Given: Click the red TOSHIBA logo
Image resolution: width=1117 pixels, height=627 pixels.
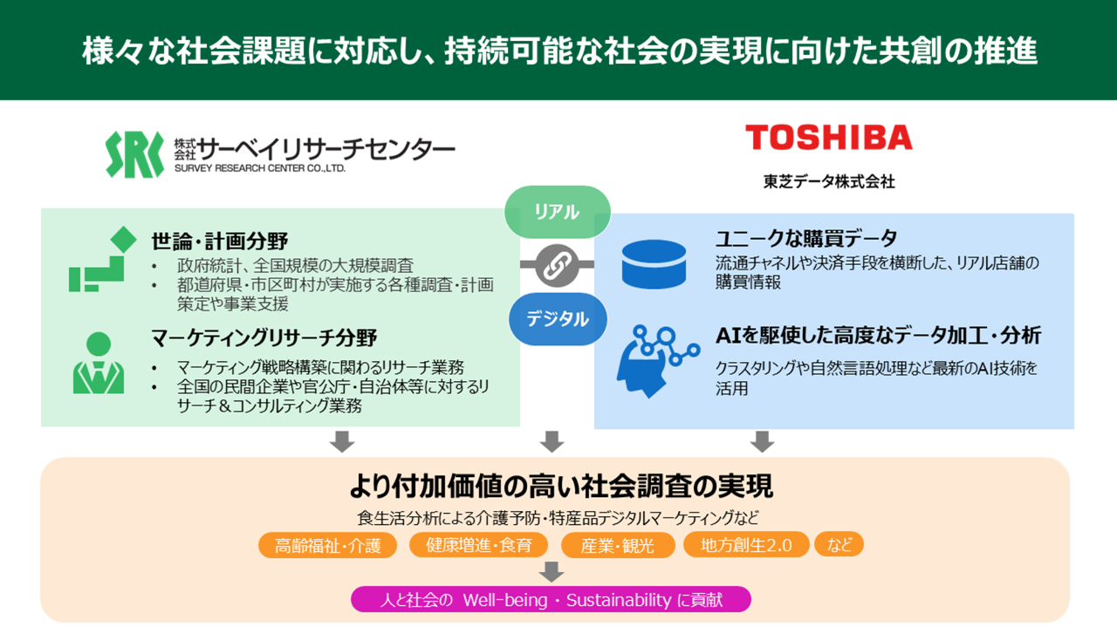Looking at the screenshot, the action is click(829, 137).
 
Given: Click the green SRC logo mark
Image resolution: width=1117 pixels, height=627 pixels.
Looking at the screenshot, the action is click(134, 154).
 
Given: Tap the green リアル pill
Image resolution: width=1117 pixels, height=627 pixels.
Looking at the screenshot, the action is click(558, 212).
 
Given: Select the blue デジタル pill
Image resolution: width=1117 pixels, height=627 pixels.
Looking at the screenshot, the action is click(558, 319).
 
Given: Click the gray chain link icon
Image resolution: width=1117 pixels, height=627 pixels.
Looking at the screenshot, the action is click(557, 265).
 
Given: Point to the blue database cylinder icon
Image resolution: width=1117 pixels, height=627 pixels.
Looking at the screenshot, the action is click(654, 264).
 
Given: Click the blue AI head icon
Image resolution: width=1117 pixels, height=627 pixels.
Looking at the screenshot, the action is click(657, 361).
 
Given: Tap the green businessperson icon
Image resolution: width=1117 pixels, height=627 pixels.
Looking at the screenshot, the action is click(99, 363).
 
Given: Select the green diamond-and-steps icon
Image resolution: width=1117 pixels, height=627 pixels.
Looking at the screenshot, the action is click(103, 259).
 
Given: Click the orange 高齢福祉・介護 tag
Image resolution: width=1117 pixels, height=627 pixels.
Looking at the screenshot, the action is click(327, 545).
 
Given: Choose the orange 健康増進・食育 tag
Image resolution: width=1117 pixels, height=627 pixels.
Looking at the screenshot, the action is click(479, 545).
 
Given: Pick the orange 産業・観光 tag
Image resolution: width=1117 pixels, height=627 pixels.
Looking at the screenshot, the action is click(618, 545).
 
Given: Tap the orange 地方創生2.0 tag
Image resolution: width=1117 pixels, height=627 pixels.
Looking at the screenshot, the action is click(746, 545).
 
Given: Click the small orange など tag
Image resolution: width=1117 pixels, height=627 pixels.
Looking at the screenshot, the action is click(839, 544).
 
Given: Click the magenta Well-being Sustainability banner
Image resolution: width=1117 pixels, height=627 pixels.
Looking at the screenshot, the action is click(551, 600).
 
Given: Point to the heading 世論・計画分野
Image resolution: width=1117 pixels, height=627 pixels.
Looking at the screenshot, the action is click(219, 242).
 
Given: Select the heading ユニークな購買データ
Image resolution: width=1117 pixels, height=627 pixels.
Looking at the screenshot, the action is click(806, 238).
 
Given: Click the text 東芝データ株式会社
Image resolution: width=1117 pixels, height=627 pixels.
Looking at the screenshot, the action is click(829, 182).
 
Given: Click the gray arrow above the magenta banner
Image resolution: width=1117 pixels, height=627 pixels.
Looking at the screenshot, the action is click(552, 572).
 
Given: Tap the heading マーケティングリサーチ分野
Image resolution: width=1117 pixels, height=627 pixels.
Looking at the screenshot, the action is click(264, 338).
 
